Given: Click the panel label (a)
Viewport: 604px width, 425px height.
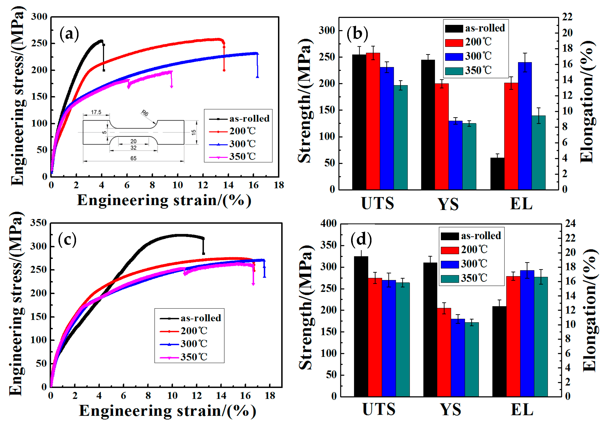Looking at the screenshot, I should pos(69,34).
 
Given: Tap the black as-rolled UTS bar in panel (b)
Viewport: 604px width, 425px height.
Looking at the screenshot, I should pos(359,122).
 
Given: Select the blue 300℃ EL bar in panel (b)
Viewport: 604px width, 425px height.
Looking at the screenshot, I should pos(525,126).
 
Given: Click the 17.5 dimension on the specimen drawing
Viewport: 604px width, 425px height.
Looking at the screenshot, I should pos(96,112).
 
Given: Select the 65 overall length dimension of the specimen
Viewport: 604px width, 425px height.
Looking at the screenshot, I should pos(133,158).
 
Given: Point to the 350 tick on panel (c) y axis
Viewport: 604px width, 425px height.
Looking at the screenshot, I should pos(38,223).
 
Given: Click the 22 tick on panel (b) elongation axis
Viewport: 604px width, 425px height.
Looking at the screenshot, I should pos(567,17).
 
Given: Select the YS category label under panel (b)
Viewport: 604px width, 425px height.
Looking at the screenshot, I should pos(448,204).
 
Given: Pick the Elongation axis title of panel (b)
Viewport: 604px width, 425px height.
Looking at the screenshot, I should pos(587,102).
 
